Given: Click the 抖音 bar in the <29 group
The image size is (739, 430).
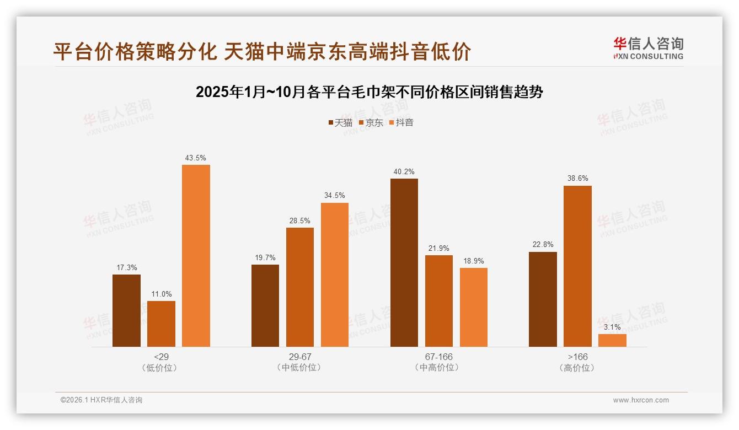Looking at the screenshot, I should pyautogui.click(x=196, y=256).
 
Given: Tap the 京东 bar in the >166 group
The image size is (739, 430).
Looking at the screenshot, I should pyautogui.click(x=577, y=266).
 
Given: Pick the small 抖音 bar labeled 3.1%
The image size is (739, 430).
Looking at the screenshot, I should pyautogui.click(x=612, y=340).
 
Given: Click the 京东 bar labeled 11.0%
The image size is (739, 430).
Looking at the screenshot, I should pyautogui.click(x=161, y=324).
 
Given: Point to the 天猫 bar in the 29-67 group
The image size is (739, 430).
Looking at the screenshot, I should pyautogui.click(x=265, y=305).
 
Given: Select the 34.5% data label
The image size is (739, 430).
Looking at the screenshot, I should pyautogui.click(x=335, y=196).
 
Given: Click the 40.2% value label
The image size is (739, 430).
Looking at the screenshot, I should pyautogui.click(x=404, y=171).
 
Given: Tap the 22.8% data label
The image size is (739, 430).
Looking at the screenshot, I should pyautogui.click(x=543, y=245).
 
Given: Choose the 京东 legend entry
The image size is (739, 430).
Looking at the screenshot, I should pyautogui.click(x=371, y=123).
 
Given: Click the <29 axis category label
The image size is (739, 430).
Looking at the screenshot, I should pyautogui.click(x=161, y=357).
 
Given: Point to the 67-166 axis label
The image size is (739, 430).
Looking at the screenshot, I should pyautogui.click(x=438, y=357).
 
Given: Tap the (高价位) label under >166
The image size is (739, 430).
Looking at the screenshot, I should pyautogui.click(x=577, y=368).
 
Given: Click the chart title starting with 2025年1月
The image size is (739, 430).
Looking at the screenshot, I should pyautogui.click(x=369, y=92).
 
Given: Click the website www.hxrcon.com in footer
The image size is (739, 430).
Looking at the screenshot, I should pyautogui.click(x=641, y=400).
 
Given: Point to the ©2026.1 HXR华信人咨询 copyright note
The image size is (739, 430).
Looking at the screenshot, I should pyautogui.click(x=101, y=400).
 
